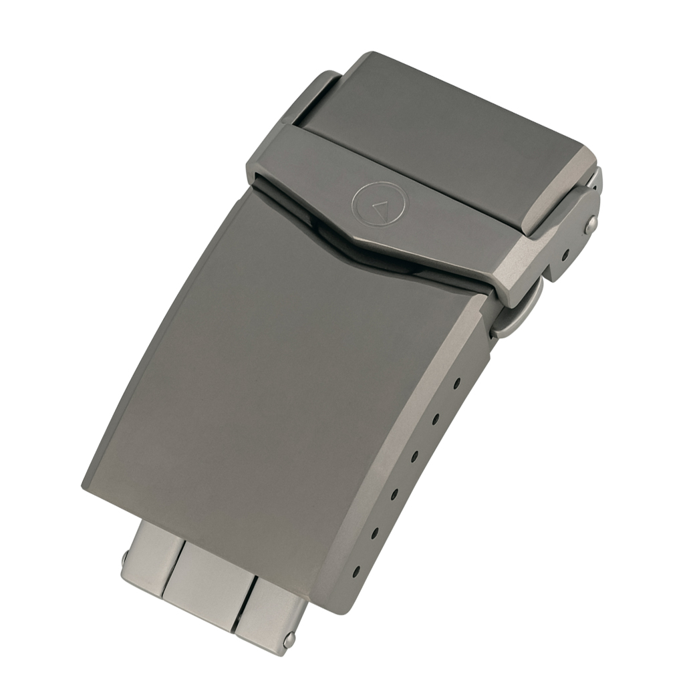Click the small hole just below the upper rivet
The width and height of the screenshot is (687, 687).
click(x=565, y=255)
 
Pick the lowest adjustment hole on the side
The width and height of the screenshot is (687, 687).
click(x=357, y=572)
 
